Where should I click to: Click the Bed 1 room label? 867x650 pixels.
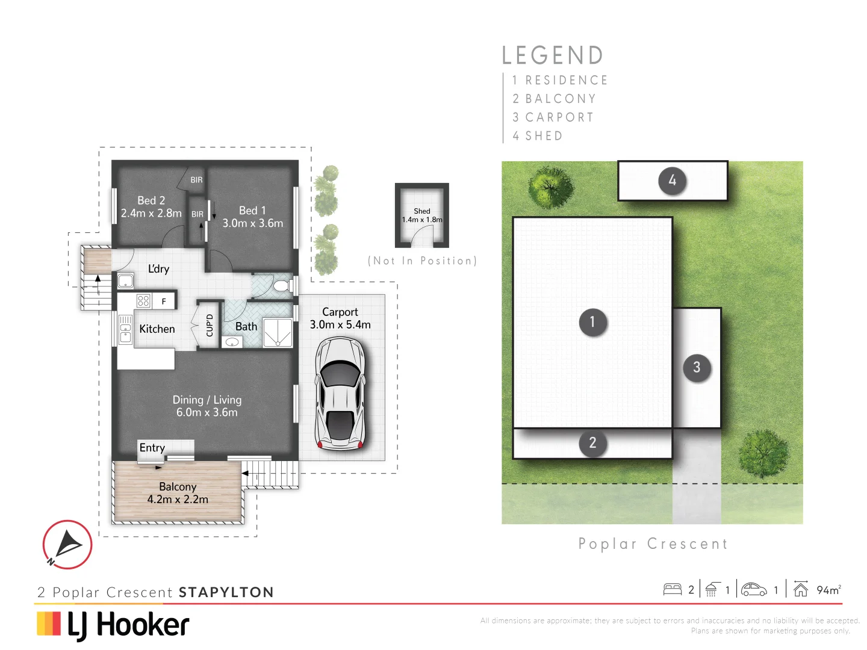click(x=252, y=211)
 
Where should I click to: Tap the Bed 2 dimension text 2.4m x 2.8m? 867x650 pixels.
click(x=151, y=213)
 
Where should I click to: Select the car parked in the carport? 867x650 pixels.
click(x=341, y=394)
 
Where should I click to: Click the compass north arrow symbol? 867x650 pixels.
click(x=67, y=545)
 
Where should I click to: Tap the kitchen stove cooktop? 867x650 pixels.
click(x=143, y=301)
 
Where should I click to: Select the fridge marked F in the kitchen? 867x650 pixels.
click(x=164, y=301)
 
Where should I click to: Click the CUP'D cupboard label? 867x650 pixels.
click(x=210, y=326)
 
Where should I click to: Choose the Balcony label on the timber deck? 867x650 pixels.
click(x=178, y=486)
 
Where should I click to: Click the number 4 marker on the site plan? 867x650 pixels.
click(x=672, y=181)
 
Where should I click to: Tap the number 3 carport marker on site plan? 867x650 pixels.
click(x=697, y=367)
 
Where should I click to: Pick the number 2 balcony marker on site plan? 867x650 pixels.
click(x=592, y=443)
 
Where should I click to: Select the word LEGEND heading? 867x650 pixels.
click(x=553, y=55)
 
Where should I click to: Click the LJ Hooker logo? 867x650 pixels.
click(x=113, y=624)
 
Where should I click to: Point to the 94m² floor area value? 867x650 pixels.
click(x=828, y=590)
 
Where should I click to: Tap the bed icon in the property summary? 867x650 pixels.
click(x=672, y=590)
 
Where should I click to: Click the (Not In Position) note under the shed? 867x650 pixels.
click(x=422, y=261)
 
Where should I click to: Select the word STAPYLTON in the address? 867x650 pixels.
click(x=226, y=592)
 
